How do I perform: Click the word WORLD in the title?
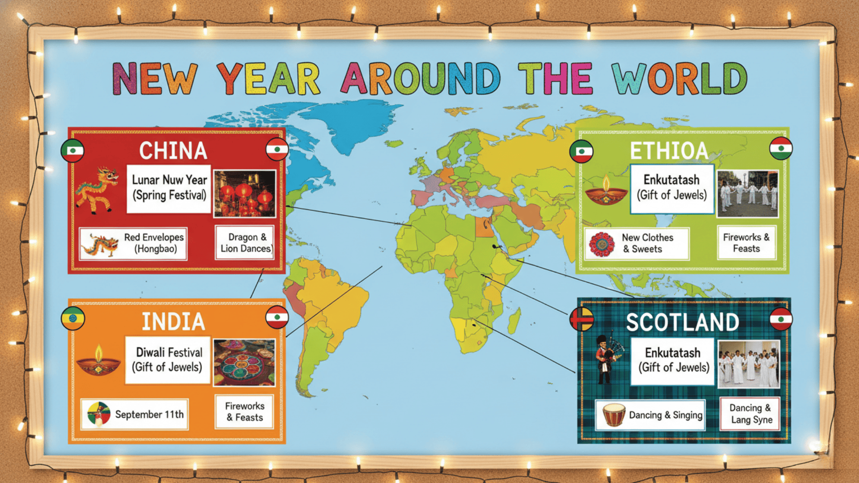point(679,79)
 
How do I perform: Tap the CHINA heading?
point(173,151)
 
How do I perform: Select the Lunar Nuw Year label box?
point(169,188)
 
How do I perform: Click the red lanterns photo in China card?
point(244,193)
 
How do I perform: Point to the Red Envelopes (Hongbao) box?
point(133,244)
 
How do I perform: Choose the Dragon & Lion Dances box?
point(245,243)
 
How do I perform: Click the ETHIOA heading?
point(669,151)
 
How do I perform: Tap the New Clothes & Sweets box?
point(637,244)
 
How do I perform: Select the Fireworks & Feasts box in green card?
point(746,243)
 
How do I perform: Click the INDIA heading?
point(174,322)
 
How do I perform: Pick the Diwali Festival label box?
point(168,360)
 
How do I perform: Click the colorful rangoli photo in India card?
point(244,362)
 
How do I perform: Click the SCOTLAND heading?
point(682,322)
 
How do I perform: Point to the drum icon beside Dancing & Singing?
point(614,415)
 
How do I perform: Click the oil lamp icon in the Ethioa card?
point(606,191)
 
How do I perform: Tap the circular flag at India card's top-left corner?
point(73,318)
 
